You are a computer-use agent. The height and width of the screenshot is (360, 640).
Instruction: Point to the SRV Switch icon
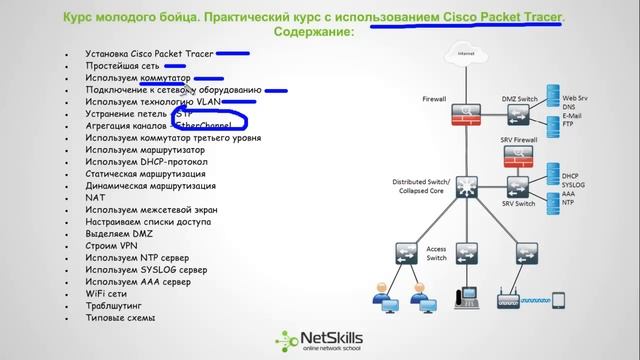point(518,188)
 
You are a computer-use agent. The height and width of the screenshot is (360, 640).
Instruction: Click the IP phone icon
point(465,297)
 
